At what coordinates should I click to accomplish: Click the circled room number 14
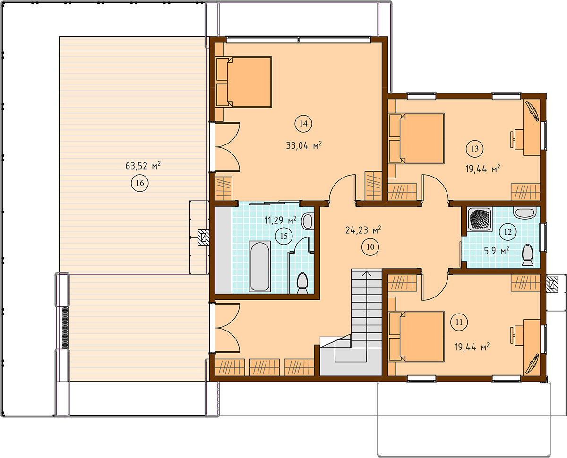click(x=303, y=124)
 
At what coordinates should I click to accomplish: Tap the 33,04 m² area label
click(x=304, y=145)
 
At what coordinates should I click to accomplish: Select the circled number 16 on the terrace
click(x=140, y=183)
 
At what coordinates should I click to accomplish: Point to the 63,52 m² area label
click(x=143, y=166)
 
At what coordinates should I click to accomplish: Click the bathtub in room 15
click(x=259, y=266)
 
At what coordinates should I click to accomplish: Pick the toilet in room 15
click(x=302, y=283)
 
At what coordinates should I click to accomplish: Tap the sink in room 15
click(x=308, y=221)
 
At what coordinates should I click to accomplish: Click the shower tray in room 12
click(x=480, y=219)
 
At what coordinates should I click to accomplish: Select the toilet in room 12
click(x=527, y=255)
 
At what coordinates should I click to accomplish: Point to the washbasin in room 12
click(x=524, y=212)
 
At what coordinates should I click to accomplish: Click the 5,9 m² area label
click(x=497, y=251)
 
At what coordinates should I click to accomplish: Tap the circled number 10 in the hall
click(x=370, y=247)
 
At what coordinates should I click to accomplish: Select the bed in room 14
click(x=243, y=82)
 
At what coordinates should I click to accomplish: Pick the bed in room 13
click(x=416, y=138)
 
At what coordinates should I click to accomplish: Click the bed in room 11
click(x=416, y=337)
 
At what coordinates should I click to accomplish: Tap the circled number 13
click(x=475, y=149)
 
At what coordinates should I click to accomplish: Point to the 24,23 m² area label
click(x=363, y=230)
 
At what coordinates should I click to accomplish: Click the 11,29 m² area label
click(x=280, y=220)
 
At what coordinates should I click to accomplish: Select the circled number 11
click(x=459, y=322)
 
